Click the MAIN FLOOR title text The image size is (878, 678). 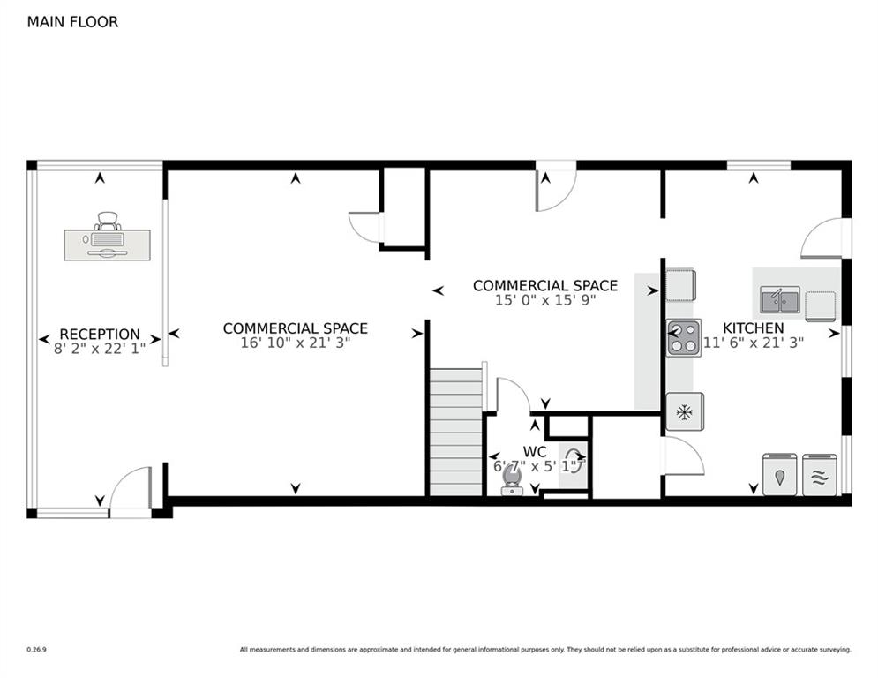click(72, 22)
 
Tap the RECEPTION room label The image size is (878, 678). click(100, 334)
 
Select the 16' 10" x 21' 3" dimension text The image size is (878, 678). click(296, 343)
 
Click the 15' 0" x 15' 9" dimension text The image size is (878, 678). click(545, 300)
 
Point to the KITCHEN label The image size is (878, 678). click(753, 328)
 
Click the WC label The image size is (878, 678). click(535, 451)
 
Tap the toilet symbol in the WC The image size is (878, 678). click(512, 480)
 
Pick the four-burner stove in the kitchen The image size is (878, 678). click(683, 337)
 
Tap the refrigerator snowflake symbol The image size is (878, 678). click(684, 411)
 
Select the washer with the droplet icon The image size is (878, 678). click(779, 475)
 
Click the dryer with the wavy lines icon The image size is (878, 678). click(820, 475)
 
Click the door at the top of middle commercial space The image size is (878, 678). click(555, 187)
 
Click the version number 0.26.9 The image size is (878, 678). click(36, 650)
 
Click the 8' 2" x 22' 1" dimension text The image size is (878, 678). click(100, 349)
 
